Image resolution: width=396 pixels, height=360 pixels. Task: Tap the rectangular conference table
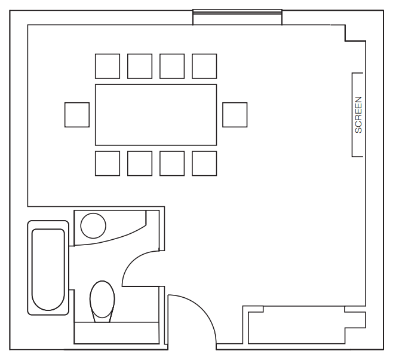click(x=155, y=114)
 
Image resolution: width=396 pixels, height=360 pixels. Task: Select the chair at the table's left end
click(x=77, y=114)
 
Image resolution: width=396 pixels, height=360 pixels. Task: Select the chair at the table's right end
click(x=235, y=114)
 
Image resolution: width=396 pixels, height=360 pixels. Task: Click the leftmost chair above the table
click(x=108, y=66)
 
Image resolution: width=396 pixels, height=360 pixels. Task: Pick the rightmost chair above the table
click(x=204, y=66)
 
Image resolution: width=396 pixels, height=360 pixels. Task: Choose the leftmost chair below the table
click(x=108, y=163)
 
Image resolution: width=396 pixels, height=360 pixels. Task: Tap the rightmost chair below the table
click(x=204, y=163)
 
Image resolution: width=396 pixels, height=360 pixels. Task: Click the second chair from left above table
click(x=140, y=66)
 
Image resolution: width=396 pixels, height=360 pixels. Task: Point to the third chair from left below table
click(x=172, y=163)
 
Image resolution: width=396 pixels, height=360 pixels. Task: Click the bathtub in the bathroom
click(x=48, y=268)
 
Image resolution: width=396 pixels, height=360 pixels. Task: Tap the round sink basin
click(x=93, y=225)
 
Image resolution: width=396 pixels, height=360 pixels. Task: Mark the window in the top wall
click(x=237, y=17)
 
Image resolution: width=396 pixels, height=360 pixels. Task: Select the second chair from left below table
click(x=140, y=163)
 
